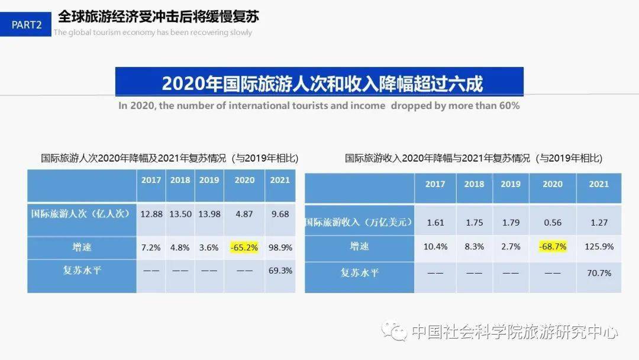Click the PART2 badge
27,25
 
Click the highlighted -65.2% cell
244,247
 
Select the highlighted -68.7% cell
553,246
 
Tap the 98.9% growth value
280,247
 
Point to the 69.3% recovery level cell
280,270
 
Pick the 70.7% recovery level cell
599,273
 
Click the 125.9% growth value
599,246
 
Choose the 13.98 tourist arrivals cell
209,214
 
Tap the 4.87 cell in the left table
244,214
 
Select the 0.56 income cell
553,223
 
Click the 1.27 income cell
599,223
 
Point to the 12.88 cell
151,214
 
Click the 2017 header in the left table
151,180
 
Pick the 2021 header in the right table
599,184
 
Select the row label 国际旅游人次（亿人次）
81,214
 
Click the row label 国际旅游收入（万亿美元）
359,223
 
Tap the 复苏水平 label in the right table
359,273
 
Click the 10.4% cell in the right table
435,246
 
